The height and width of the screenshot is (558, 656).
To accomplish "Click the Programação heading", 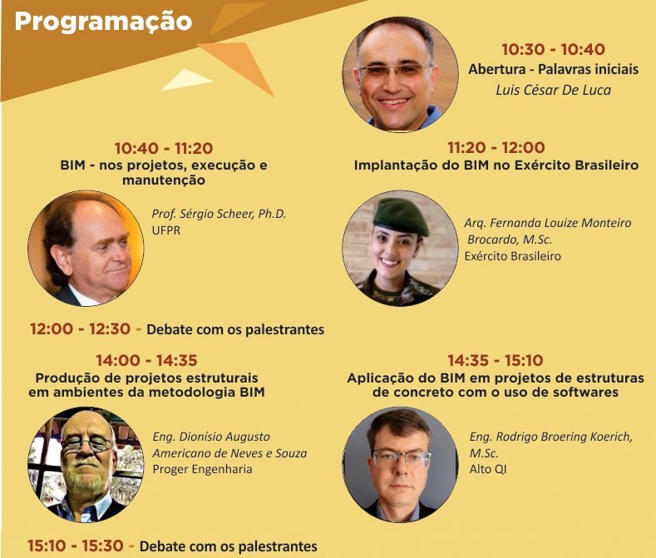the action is [103, 22].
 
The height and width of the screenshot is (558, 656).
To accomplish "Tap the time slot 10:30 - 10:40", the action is [553, 49].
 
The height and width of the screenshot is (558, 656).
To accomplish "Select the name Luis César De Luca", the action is [553, 90].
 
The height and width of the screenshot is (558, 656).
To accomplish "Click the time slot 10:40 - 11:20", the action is [164, 148].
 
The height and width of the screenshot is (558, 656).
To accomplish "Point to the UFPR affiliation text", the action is [166, 230].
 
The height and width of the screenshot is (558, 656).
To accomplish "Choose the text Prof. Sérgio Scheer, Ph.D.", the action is [219, 214].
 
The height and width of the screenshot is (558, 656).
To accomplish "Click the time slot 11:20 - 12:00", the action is [496, 147].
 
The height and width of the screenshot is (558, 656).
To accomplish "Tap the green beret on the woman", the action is [401, 216].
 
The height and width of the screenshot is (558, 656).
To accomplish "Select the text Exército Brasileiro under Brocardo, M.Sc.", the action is [512, 256].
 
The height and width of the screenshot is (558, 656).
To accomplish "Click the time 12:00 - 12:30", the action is [81, 329].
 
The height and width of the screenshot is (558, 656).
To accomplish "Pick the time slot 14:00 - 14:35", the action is [146, 360].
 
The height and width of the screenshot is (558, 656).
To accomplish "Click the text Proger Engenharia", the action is [203, 469].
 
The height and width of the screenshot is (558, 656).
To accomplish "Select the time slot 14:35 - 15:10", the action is [496, 360].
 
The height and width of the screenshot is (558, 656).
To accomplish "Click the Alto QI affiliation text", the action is [488, 469].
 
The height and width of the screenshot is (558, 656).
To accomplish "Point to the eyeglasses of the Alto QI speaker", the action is [401, 458].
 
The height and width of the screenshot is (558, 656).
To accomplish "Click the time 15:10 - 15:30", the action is [76, 546].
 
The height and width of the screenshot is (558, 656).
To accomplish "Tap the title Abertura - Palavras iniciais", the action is [553, 69].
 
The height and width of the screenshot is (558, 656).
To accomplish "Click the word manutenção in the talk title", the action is [164, 180].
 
